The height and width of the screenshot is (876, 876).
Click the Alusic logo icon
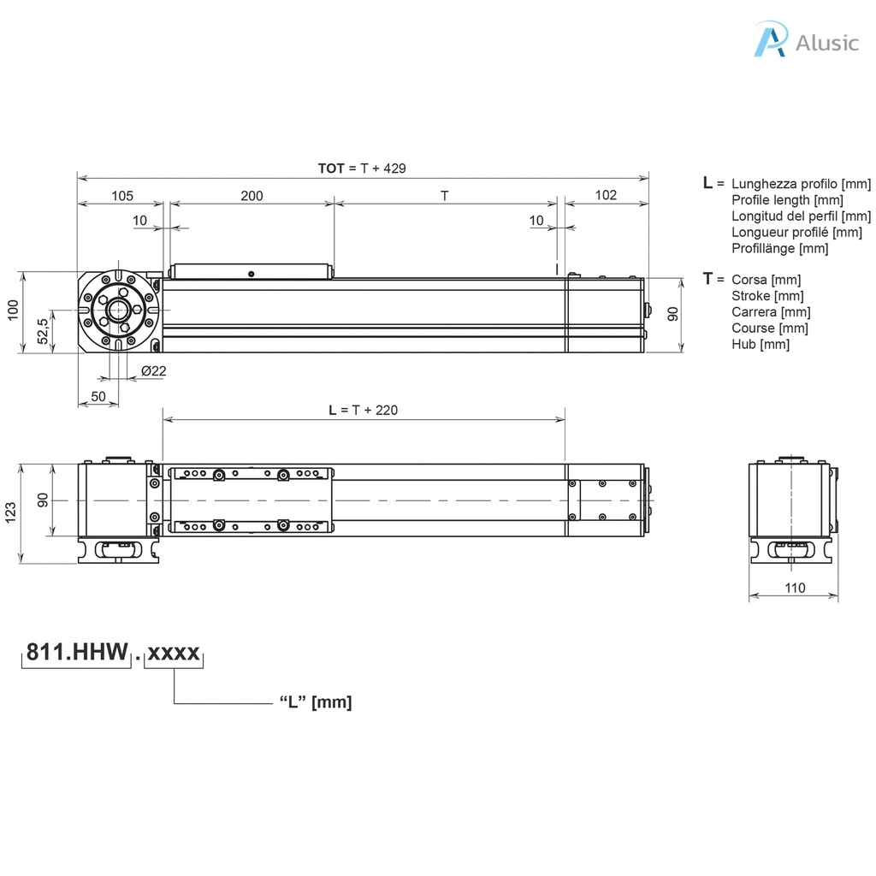pos(769,40)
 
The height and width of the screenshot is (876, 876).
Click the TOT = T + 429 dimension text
pos(362,169)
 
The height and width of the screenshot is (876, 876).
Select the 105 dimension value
pos(122,195)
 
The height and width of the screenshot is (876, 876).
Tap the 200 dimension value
pos(252,195)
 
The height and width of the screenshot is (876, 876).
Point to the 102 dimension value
pos(606,195)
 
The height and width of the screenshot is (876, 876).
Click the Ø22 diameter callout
pos(153,370)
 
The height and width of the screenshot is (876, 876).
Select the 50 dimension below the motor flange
pos(98,396)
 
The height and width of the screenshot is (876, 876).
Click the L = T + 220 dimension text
pos(364,410)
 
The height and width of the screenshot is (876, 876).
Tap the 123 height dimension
pos(11,512)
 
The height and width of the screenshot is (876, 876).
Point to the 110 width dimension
pos(794,588)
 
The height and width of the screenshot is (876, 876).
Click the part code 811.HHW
pos(74,654)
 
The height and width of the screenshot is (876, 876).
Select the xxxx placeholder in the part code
pos(174,654)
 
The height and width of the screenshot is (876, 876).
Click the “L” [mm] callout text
pos(316,702)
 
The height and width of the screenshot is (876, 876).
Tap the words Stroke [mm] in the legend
pos(767,296)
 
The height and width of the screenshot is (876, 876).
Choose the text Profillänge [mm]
pos(779,248)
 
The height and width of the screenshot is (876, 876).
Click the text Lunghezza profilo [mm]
pos(801,184)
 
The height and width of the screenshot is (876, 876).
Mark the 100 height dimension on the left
pos(12,310)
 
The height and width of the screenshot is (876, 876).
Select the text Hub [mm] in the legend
pos(761,344)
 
